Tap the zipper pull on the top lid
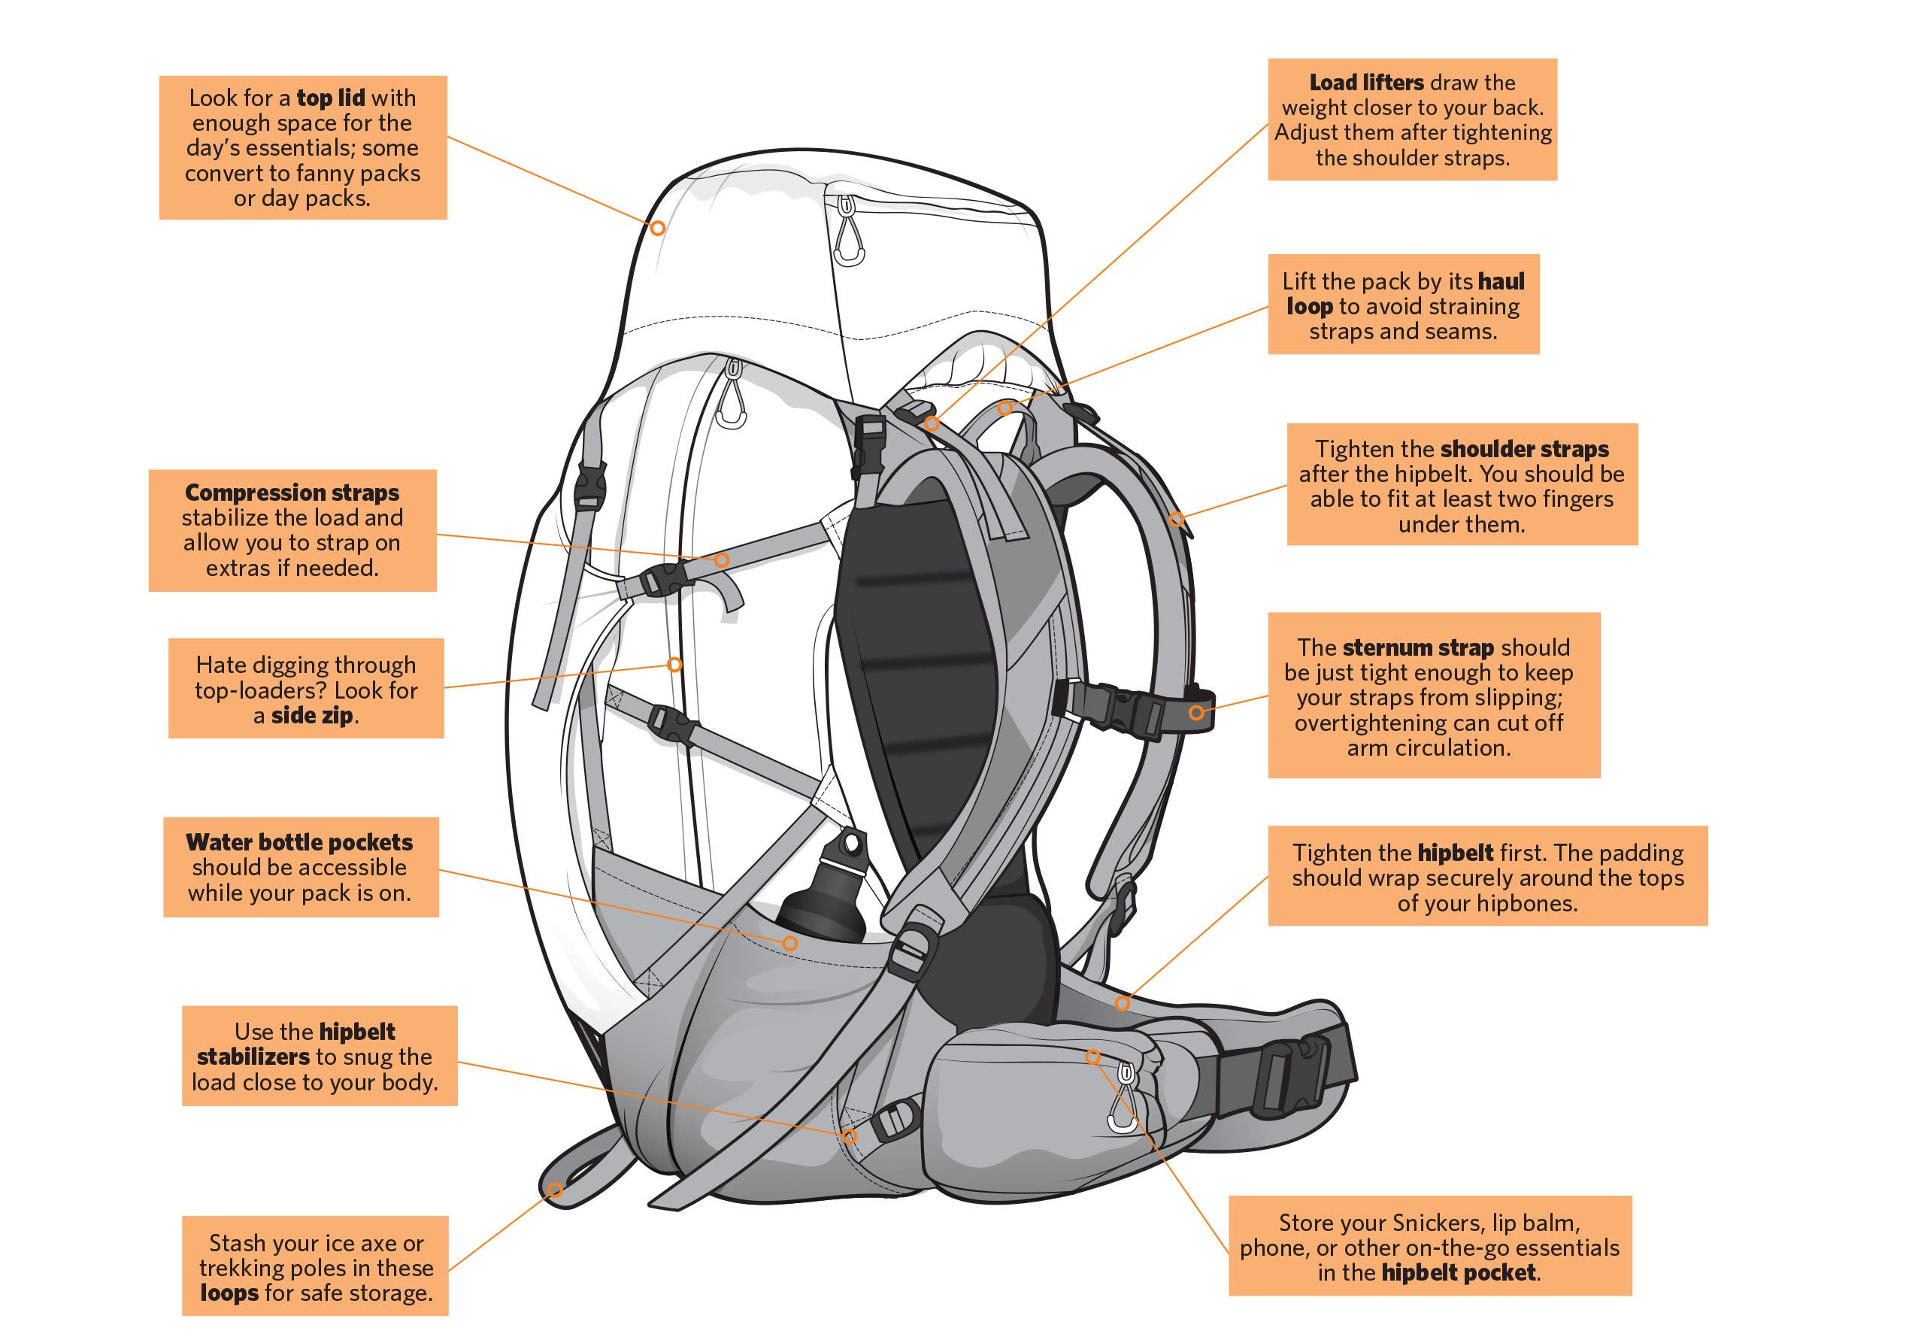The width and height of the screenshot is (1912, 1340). pyautogui.click(x=848, y=238)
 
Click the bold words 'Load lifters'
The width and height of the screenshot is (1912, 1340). pyautogui.click(x=1365, y=83)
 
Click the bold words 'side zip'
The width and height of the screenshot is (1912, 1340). pyautogui.click(x=311, y=715)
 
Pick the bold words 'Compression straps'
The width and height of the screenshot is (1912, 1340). pyautogui.click(x=292, y=493)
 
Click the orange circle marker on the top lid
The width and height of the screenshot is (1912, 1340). pyautogui.click(x=657, y=227)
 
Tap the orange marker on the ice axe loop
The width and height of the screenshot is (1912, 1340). pyautogui.click(x=555, y=1190)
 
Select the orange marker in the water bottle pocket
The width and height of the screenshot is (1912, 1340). pyautogui.click(x=789, y=943)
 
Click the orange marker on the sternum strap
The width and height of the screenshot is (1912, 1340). pyautogui.click(x=1195, y=712)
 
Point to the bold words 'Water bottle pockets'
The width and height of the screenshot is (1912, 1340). pyautogui.click(x=299, y=842)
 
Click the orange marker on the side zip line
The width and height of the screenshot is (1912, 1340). pyautogui.click(x=674, y=665)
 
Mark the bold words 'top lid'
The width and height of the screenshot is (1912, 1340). pyautogui.click(x=331, y=99)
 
